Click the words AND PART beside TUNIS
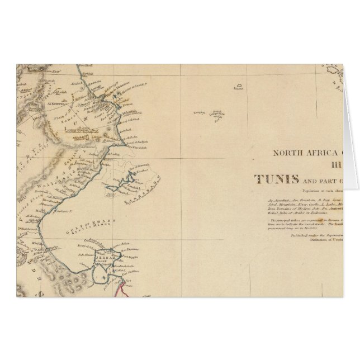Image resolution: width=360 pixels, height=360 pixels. click(x=324, y=181)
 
